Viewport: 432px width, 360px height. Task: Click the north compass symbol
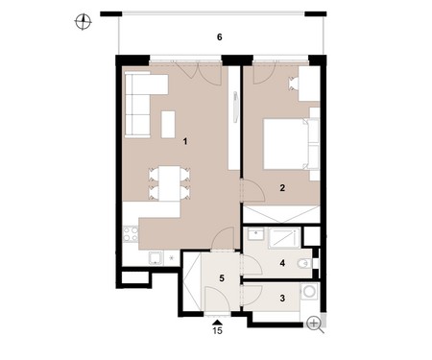(83, 22)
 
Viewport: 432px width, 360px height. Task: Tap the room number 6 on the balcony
(219, 37)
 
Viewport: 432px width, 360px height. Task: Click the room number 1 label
(185, 141)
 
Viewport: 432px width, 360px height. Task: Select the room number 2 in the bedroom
(282, 187)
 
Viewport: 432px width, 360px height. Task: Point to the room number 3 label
(282, 299)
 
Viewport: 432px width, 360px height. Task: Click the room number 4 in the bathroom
(282, 263)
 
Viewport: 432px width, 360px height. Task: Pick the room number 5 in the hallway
(222, 278)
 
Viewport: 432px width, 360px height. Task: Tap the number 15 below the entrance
(217, 330)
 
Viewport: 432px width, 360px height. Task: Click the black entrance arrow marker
(217, 322)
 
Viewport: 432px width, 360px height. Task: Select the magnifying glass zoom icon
(315, 324)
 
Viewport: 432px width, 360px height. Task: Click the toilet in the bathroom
(304, 264)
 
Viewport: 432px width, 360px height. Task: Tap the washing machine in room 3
(309, 292)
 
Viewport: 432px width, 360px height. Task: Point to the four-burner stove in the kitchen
(131, 233)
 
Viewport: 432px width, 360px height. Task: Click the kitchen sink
(156, 258)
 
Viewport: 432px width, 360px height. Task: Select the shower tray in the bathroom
(284, 238)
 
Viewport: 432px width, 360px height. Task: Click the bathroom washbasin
(255, 233)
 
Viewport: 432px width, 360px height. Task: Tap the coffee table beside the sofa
(168, 125)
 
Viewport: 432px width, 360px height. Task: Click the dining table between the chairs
(170, 183)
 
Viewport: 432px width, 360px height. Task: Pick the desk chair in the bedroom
(293, 84)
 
